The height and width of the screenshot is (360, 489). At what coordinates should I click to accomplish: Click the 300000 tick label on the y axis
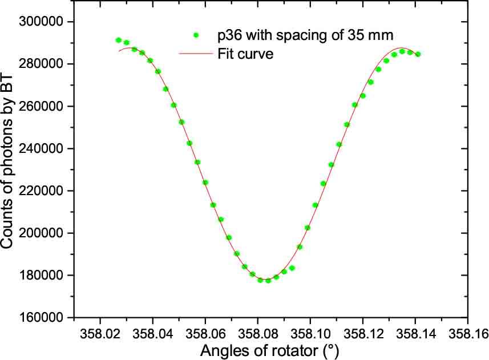tap(41, 22)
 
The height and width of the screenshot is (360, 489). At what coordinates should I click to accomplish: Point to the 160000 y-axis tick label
tap(41, 317)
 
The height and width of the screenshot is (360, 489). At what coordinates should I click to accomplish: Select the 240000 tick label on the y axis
tap(41, 148)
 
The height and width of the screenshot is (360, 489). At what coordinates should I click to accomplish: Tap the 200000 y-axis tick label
tap(41, 233)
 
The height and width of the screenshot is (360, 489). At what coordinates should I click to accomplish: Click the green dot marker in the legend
tap(196, 35)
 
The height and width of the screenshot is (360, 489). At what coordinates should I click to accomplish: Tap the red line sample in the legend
tap(196, 55)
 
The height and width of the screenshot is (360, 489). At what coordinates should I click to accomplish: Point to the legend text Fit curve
tap(245, 55)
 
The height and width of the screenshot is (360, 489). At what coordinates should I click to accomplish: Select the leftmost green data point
tap(118, 40)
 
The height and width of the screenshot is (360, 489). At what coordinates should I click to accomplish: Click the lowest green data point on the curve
tap(268, 281)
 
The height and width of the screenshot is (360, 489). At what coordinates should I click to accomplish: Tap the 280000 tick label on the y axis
tap(41, 64)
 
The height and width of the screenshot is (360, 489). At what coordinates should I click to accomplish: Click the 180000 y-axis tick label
tap(41, 275)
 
